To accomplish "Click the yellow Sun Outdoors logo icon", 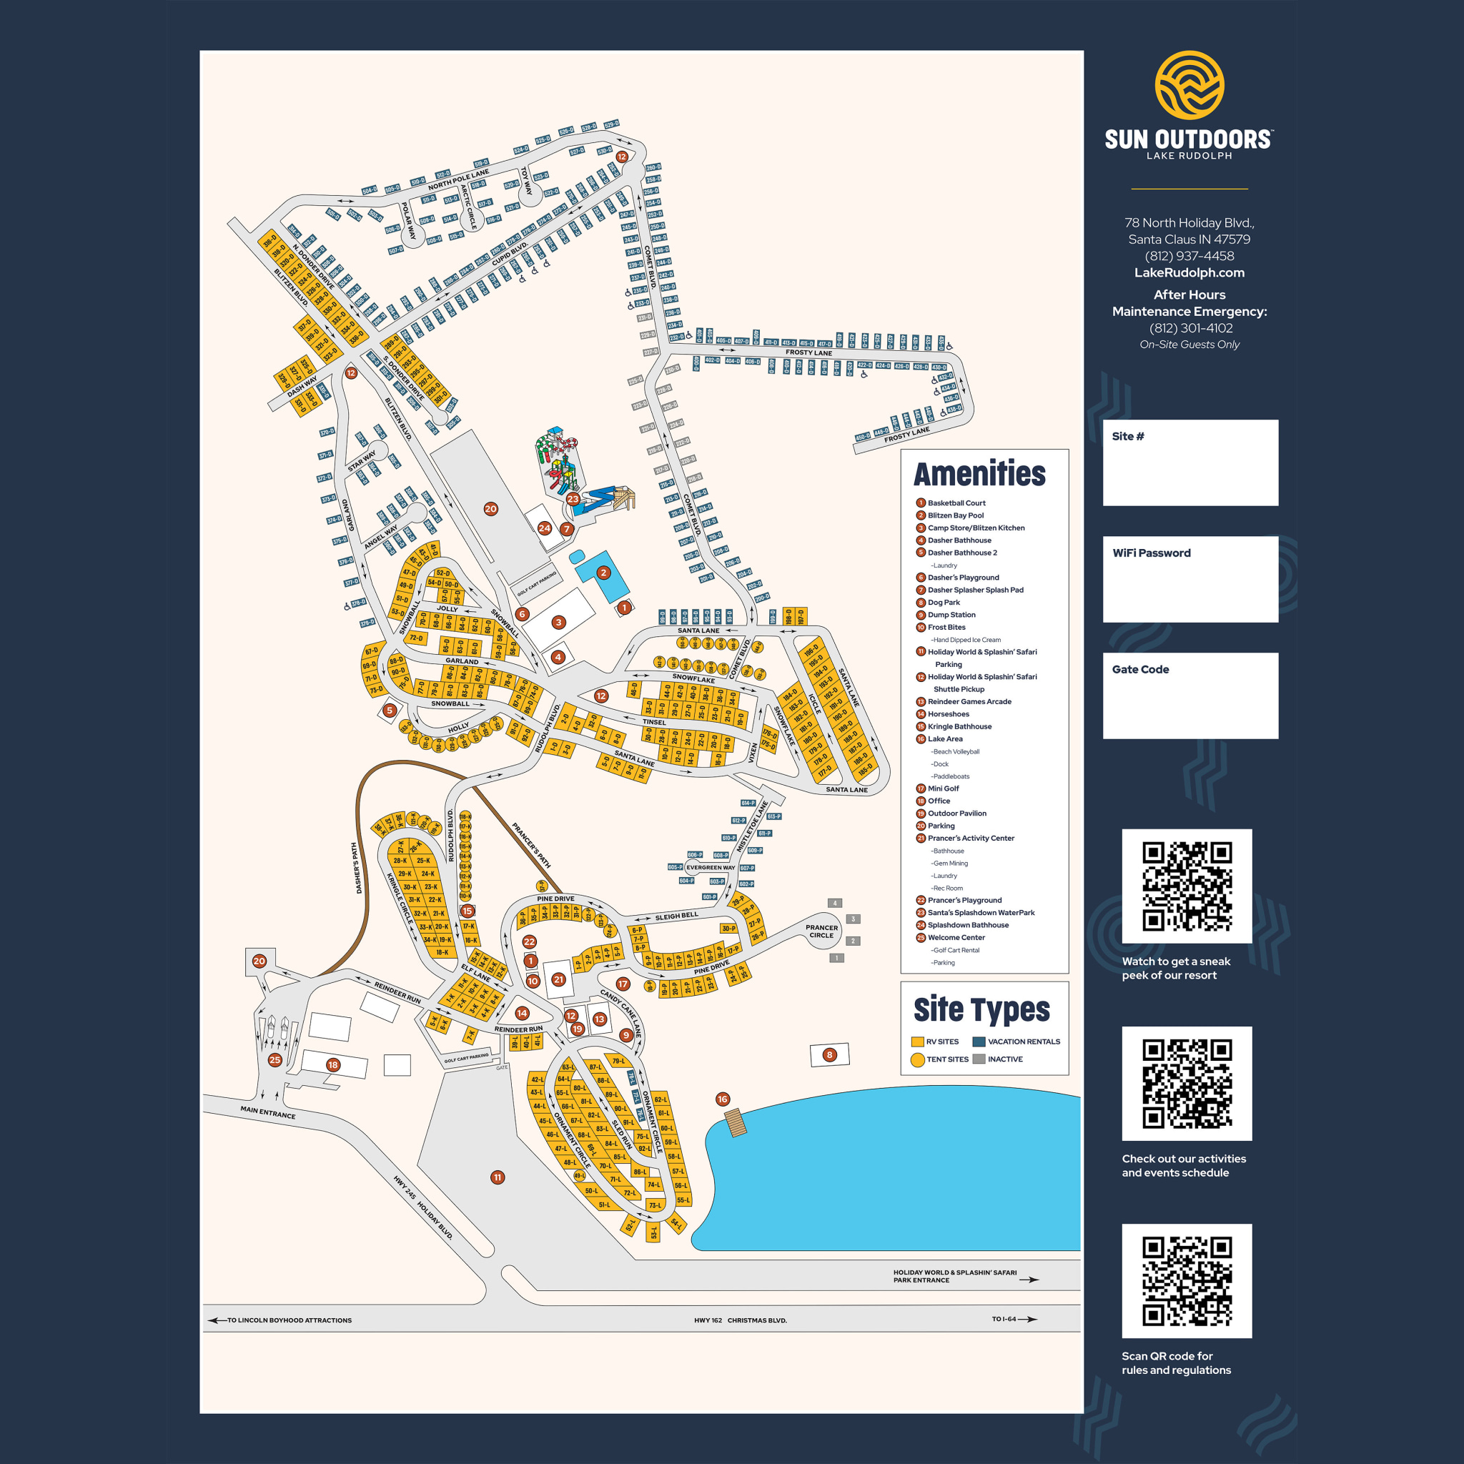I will pos(1189,85).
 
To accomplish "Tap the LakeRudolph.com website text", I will pos(1189,273).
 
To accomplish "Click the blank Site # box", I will pos(1189,463).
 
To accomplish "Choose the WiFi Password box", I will pos(1189,580).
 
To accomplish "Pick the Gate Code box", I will pos(1189,696).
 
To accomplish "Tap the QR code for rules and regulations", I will pos(1187,1280).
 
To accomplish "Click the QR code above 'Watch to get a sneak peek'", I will pos(1187,886).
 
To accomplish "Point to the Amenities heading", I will pos(979,475).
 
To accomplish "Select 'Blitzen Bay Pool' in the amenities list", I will pos(956,515).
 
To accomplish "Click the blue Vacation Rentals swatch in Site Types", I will pos(979,1042).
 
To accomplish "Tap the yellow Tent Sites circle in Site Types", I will pos(917,1059).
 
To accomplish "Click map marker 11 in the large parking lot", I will pos(497,1177).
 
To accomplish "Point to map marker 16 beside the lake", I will pos(722,1099).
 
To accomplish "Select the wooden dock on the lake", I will pos(735,1122).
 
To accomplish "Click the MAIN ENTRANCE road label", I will pos(267,1112).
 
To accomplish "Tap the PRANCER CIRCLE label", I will pos(821,931).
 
